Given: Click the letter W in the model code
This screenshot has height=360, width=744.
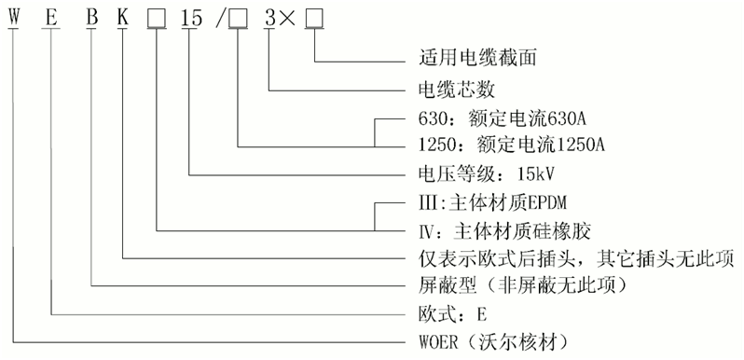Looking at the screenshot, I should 13,17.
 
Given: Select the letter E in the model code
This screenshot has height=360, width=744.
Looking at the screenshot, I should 52,17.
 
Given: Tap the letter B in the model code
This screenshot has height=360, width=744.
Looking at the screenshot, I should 91,17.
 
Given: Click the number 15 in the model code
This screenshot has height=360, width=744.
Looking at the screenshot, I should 190,17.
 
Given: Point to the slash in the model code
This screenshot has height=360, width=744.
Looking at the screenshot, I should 220,17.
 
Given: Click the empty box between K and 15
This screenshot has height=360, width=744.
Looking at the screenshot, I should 157,17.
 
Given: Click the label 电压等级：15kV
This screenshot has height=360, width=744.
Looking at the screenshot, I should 475,173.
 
